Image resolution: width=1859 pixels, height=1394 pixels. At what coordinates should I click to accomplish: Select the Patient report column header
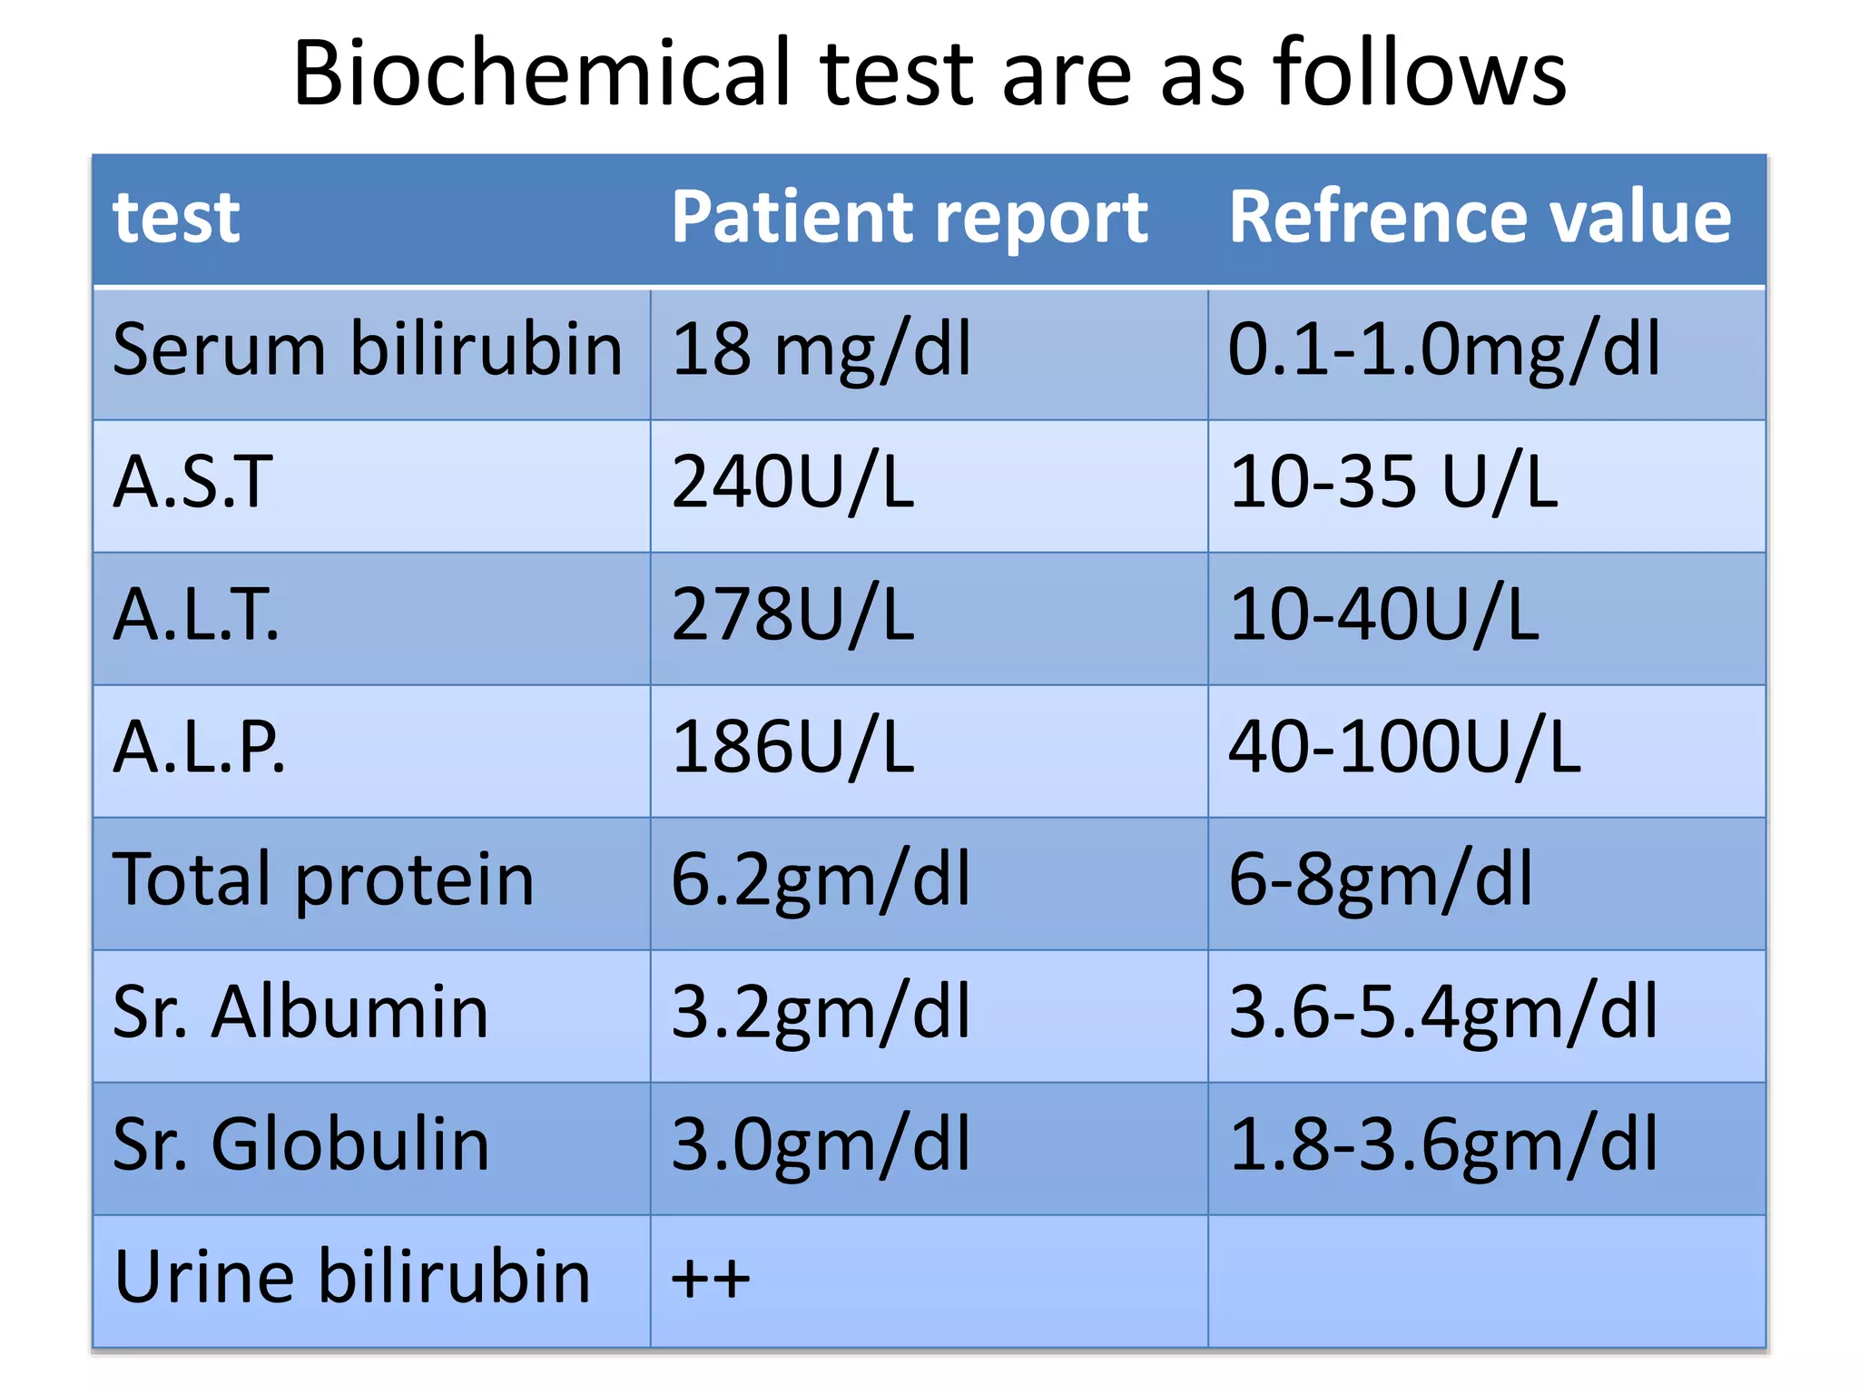910,218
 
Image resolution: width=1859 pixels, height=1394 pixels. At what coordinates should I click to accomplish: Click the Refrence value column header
1480,218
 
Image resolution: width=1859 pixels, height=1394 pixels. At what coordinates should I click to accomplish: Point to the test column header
176,218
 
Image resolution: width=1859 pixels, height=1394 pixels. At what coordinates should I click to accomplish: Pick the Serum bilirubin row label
368,349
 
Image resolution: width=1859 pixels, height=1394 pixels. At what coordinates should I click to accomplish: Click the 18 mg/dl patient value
821,349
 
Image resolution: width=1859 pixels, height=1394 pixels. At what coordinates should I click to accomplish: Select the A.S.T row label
192,482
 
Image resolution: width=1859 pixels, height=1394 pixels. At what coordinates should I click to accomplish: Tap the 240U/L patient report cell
792,482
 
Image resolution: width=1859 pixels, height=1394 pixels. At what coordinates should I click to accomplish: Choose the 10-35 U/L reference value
1392,482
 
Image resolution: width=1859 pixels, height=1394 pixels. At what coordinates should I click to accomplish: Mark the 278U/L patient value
792,614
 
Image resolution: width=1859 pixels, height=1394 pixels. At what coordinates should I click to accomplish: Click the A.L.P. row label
199,747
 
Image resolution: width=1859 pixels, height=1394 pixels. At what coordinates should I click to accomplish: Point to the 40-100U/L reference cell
1404,747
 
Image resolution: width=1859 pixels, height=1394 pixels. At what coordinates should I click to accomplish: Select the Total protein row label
323,879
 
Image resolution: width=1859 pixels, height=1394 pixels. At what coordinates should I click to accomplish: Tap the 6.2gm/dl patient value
821,879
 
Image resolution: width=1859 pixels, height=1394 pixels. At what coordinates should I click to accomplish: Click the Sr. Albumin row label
300,1012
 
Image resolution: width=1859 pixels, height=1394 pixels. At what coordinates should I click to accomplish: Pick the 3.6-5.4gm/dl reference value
1443,1012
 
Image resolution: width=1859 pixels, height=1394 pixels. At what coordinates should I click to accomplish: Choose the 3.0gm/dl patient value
821,1144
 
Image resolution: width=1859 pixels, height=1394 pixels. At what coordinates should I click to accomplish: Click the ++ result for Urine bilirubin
710,1279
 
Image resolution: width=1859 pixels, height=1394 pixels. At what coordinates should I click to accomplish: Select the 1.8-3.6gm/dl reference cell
1443,1144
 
